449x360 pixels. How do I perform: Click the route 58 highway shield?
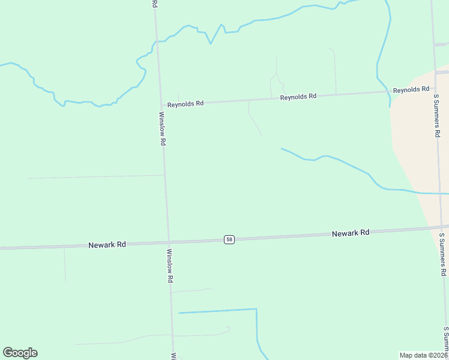point(229,239)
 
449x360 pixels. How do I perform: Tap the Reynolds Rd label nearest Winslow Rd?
point(185,104)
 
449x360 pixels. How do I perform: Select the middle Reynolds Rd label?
point(298,97)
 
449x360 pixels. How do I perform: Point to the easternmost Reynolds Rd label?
point(411,90)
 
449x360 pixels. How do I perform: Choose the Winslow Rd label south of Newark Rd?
point(170,266)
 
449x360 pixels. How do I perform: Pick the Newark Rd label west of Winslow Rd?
point(107,245)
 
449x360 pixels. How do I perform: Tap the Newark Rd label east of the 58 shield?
point(351,233)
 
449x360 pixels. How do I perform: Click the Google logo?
point(20,353)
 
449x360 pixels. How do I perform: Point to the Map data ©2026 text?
point(423,355)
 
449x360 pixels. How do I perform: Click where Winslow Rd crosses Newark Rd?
point(167,242)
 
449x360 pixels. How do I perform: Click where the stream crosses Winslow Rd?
point(157,41)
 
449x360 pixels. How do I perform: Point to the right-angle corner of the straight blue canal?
point(256,309)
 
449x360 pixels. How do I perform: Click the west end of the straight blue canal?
point(179,313)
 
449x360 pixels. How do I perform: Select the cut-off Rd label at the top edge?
point(154,4)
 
